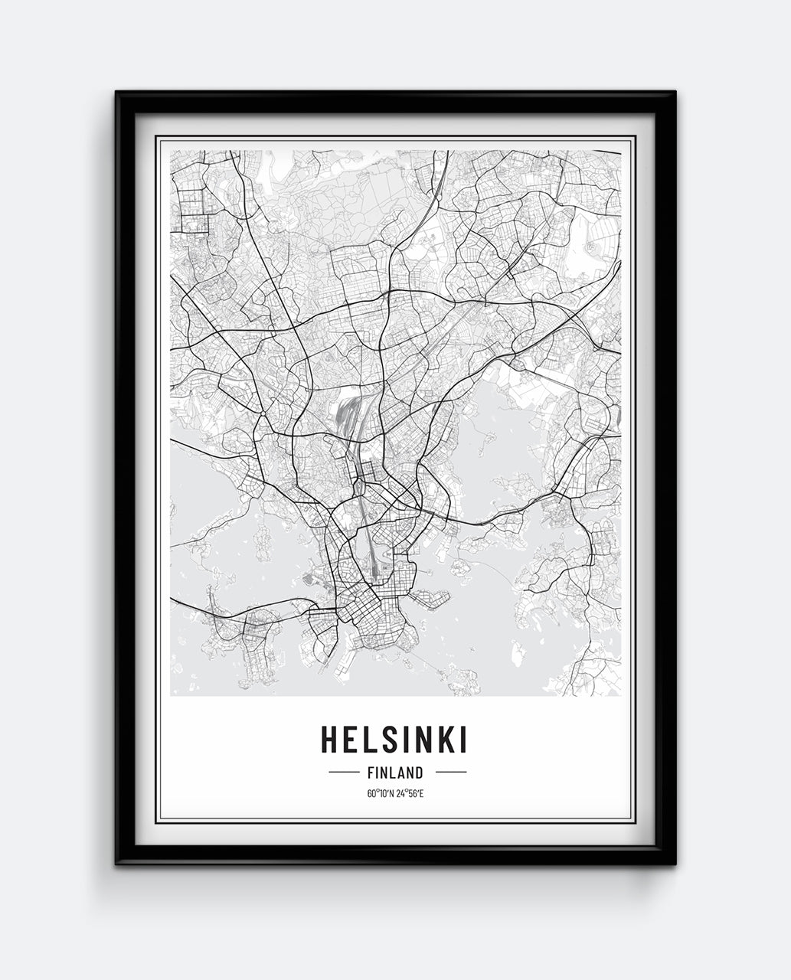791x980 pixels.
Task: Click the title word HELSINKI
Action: pos(394,740)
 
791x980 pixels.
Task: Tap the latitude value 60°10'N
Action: pos(379,793)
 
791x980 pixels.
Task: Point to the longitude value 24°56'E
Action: pos(410,793)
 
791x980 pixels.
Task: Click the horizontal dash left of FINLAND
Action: pos(343,773)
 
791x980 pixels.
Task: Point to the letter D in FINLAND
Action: pos(419,773)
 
